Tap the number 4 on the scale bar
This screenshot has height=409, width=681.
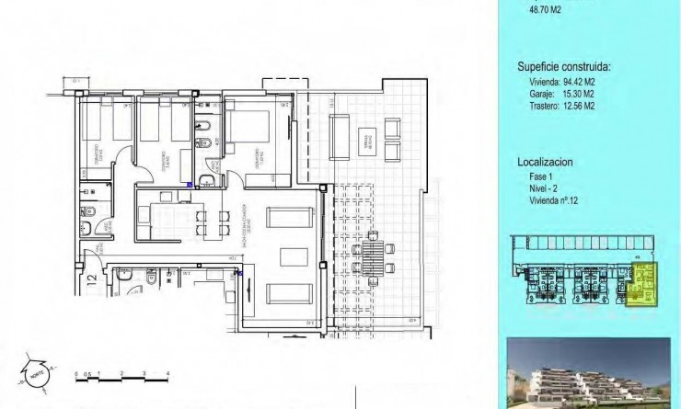(167, 372)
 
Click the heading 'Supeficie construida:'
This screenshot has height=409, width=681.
(564, 66)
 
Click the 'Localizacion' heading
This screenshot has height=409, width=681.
(545, 162)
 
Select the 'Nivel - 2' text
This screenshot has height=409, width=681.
(544, 188)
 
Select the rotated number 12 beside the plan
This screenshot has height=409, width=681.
(92, 279)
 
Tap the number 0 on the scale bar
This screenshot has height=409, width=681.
(76, 372)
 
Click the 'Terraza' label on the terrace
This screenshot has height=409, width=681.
(367, 141)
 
